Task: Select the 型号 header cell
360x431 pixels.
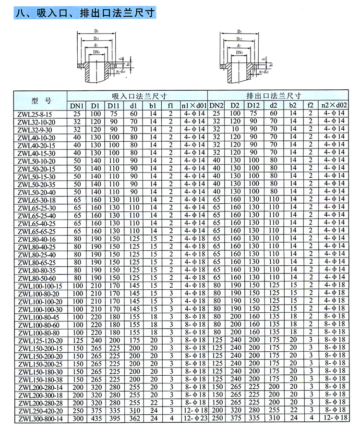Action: click(40, 100)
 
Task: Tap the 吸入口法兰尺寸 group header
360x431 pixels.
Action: click(137, 95)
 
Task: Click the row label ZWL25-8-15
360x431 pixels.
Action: click(35, 114)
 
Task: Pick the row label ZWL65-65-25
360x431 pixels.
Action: click(36, 232)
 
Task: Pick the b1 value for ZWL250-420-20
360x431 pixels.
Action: click(153, 411)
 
